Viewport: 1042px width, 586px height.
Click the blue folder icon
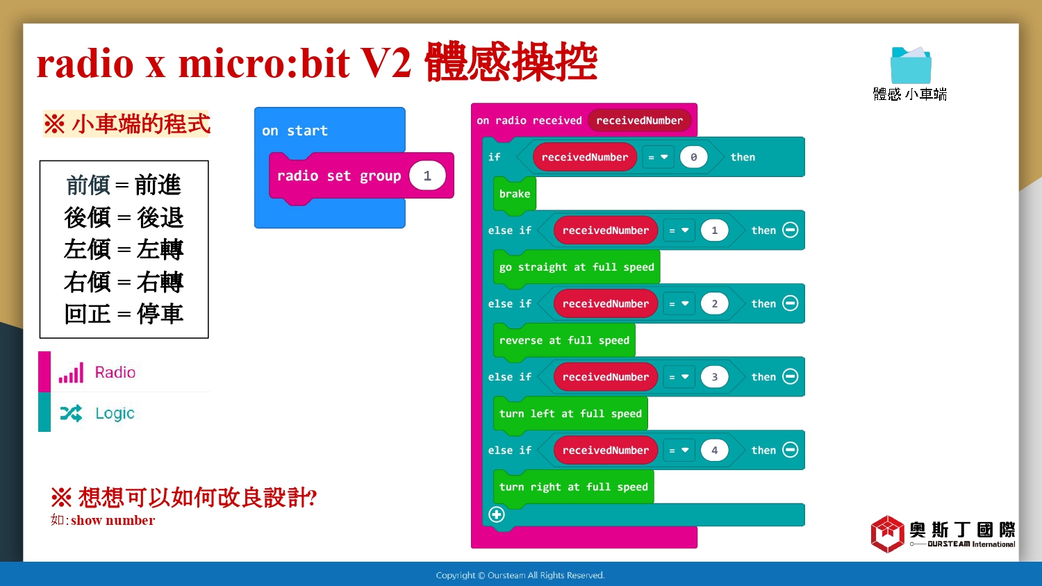910,65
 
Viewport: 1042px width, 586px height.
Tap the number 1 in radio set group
427,176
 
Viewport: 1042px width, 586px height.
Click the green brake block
515,194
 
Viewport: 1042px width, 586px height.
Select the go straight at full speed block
577,267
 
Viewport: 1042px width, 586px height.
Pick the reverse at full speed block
564,340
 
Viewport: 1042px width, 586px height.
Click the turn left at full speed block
570,414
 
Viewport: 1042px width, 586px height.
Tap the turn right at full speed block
573,487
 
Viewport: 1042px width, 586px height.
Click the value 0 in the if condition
693,157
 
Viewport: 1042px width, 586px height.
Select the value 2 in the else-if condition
715,303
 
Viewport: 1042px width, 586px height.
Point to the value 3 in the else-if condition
715,377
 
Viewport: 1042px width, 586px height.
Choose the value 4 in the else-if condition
715,450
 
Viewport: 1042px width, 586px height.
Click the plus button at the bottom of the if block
497,514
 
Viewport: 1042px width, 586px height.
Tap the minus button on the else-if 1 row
791,230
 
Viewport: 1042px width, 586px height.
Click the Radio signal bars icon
71,373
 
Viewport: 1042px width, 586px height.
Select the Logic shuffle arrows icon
71,413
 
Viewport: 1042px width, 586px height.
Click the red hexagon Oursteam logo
887,533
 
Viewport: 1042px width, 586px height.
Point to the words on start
295,131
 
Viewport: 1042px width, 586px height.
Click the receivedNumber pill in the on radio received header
639,120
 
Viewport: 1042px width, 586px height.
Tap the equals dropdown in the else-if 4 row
679,450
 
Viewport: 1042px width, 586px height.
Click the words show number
113,520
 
